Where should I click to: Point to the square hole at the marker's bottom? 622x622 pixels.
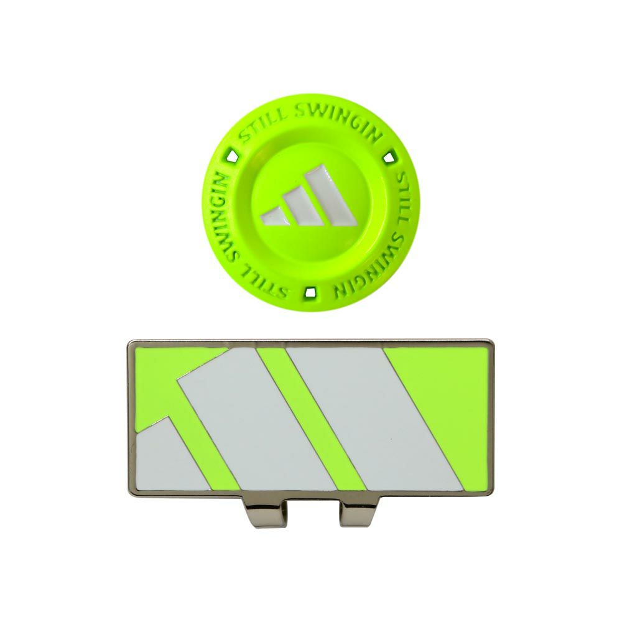310,293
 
